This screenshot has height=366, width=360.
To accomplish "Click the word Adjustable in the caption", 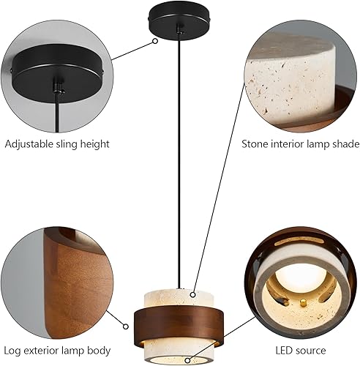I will tap(28, 143).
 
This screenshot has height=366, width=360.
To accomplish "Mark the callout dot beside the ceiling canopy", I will tap(155, 41).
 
